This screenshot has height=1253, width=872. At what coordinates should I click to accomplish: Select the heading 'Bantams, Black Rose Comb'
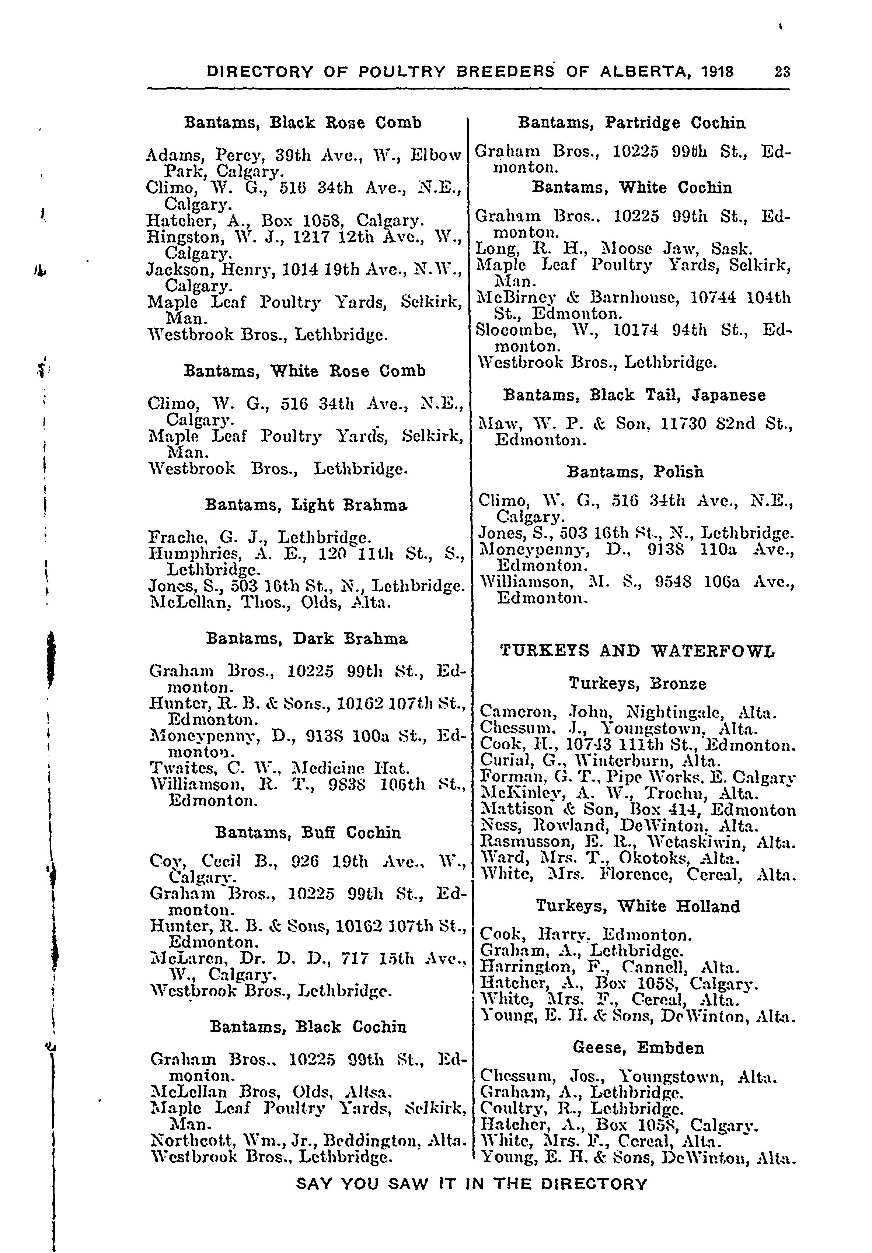(303, 122)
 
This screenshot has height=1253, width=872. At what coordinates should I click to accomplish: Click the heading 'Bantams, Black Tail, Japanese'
(634, 395)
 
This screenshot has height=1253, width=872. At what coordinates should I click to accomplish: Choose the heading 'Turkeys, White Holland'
(637, 906)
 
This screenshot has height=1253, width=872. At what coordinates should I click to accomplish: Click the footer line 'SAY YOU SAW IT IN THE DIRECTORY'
(471, 1184)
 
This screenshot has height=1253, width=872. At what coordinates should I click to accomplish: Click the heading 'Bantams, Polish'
(635, 472)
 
